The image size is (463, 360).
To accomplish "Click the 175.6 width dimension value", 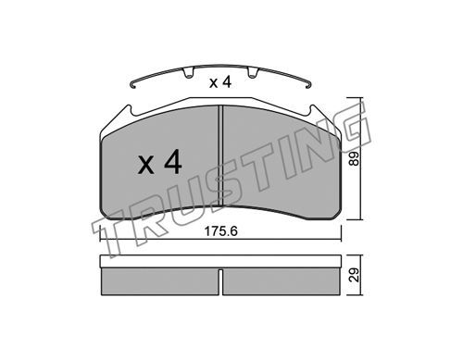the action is (x=221, y=231).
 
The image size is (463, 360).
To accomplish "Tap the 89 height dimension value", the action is (x=355, y=158).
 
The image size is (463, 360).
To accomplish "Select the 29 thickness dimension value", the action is (x=355, y=275).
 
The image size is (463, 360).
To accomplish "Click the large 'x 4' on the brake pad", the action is (x=159, y=162).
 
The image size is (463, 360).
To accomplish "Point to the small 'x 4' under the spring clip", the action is (x=220, y=82).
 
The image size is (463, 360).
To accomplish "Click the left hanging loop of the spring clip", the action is (x=188, y=73).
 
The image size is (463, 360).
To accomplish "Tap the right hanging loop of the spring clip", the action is (x=253, y=73).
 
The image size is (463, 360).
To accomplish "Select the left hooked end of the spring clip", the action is (x=133, y=84).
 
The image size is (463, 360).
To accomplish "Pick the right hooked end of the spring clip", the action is (x=308, y=84).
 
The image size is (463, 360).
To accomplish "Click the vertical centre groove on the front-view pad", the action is (x=220, y=155).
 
